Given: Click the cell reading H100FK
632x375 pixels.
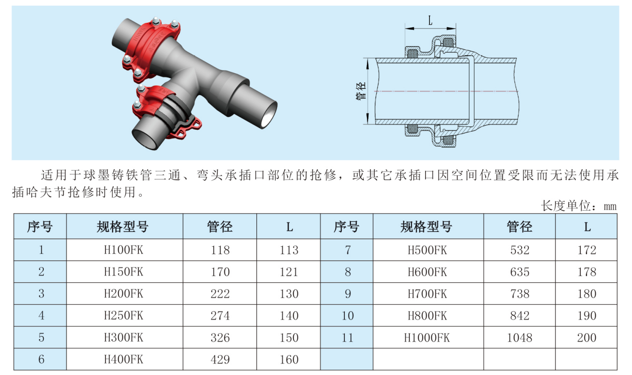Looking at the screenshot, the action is [x=124, y=250].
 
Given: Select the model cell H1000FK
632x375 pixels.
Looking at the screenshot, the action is [x=427, y=337].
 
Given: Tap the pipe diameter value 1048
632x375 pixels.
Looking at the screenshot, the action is [x=519, y=337].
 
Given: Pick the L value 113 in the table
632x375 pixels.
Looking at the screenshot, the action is [x=289, y=250].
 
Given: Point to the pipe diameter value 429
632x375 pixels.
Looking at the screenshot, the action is [x=220, y=359].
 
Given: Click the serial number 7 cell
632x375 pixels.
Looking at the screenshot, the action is [x=348, y=250].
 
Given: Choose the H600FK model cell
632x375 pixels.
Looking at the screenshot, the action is [x=427, y=272].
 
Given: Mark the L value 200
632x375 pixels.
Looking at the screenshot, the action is [x=586, y=337].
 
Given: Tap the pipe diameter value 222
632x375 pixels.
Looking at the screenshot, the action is [x=220, y=294].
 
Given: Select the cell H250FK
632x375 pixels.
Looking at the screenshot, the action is [x=124, y=316].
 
